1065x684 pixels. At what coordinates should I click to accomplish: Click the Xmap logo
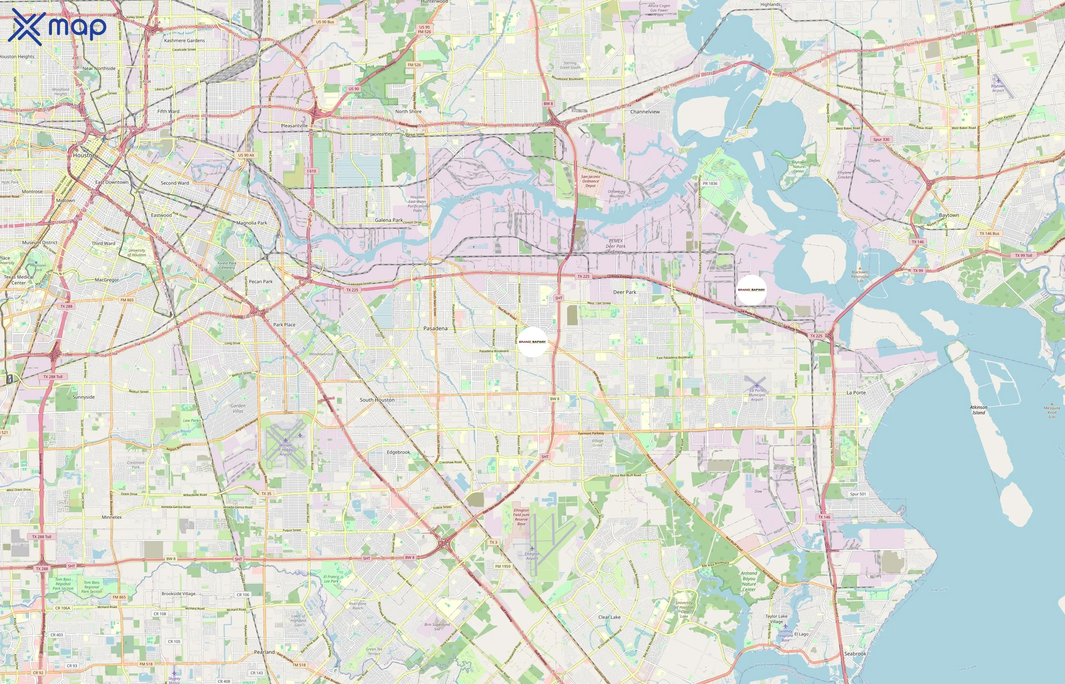point(57,27)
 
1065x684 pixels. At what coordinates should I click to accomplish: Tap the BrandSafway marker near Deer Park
point(751,290)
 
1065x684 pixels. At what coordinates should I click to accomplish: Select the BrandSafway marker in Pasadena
point(532,342)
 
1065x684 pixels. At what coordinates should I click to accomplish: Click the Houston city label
point(84,155)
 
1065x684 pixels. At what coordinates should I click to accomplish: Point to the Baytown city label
point(949,215)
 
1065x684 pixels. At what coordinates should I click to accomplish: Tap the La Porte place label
point(856,393)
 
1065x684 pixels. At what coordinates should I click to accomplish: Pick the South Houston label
point(377,400)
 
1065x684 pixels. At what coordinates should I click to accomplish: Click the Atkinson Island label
point(978,410)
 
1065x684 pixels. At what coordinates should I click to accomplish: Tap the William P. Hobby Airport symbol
point(286,440)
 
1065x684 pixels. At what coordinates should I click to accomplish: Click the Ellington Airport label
point(532,556)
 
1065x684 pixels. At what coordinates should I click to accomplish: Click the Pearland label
point(264,652)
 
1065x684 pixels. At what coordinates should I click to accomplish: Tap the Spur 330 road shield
point(881,139)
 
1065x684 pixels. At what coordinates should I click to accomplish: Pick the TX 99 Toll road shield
point(1023,255)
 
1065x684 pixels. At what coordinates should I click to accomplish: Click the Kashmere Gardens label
point(184,40)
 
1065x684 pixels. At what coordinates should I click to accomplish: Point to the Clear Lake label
point(609,617)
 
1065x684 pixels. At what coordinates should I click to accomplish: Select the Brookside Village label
point(178,594)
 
